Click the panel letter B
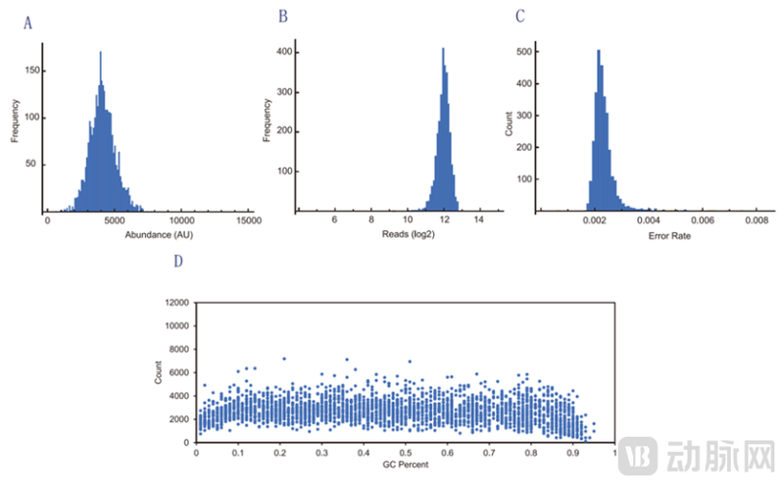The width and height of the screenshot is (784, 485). click(283, 17)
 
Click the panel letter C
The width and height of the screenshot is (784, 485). click(519, 17)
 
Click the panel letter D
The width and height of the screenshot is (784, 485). click(177, 262)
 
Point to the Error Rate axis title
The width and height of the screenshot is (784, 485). click(653, 236)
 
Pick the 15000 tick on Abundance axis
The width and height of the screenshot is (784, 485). click(248, 222)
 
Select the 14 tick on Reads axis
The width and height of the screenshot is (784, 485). click(478, 222)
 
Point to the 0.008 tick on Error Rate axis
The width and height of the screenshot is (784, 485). click(755, 222)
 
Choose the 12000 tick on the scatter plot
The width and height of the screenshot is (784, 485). click(176, 305)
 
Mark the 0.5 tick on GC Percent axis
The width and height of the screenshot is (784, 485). click(405, 453)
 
